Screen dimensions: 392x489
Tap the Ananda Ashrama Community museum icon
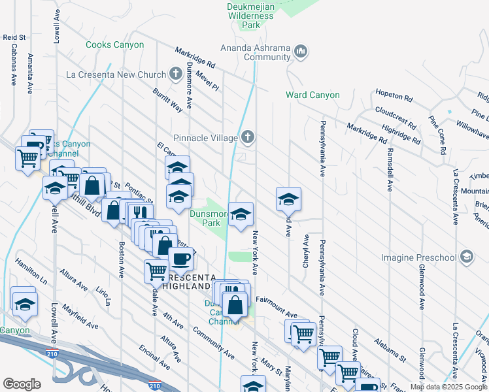[x=301, y=51]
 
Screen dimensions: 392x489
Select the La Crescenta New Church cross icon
[x=175, y=74]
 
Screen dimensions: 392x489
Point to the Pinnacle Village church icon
[x=247, y=137]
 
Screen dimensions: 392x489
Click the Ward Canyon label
[x=312, y=95]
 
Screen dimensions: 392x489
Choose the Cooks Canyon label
[x=115, y=45]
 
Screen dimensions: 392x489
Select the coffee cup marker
[x=180, y=259]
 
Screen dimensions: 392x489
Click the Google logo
[x=22, y=384]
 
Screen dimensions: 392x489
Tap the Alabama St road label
[x=390, y=350]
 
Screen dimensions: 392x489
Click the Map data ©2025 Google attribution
[x=448, y=387]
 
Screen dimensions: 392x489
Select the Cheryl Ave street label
[x=305, y=251]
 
